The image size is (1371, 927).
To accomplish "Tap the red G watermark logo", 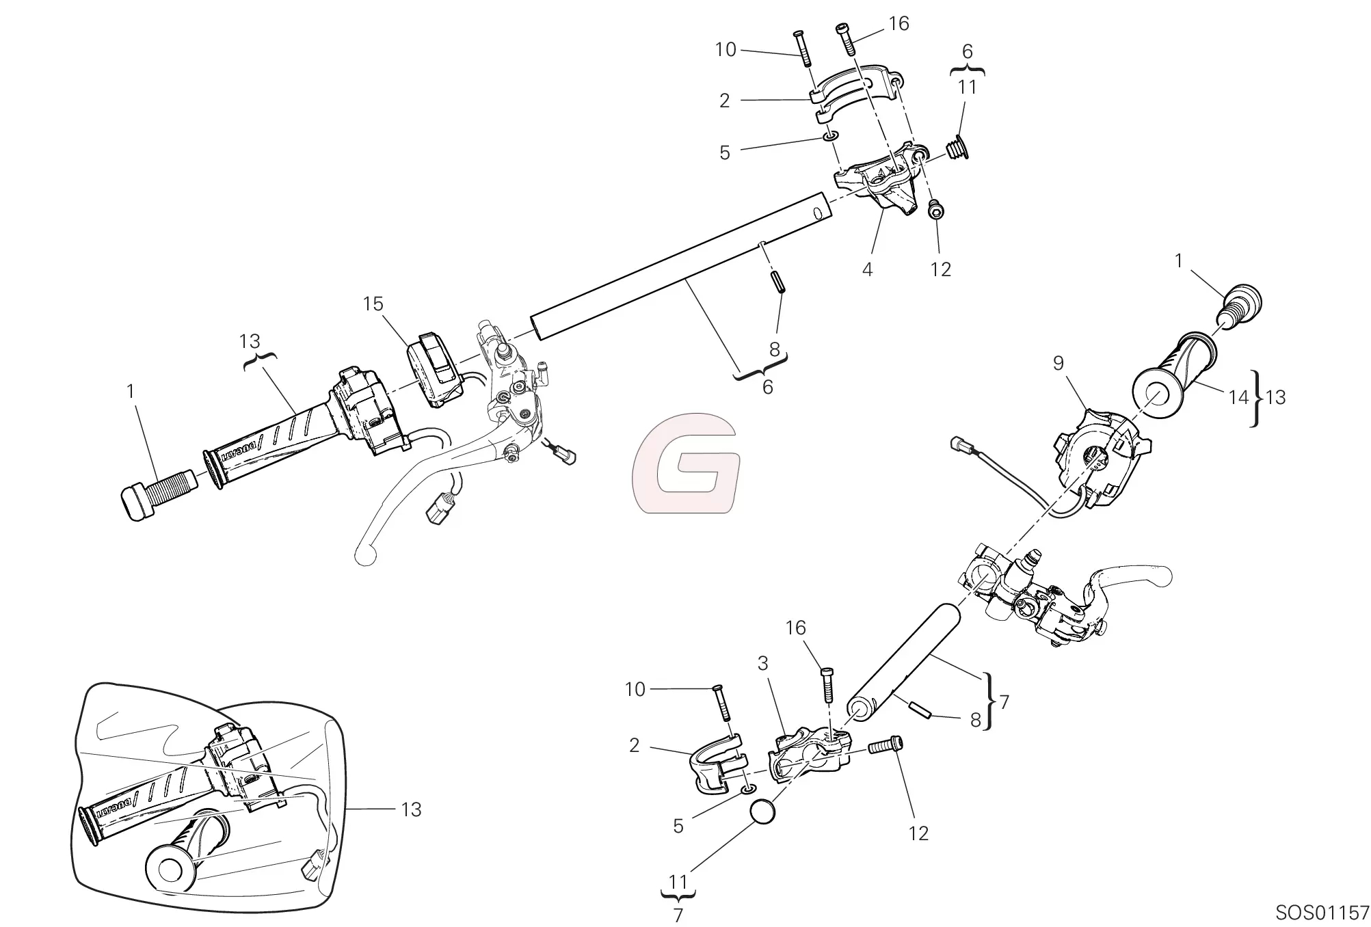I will tap(686, 463).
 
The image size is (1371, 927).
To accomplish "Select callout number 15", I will tap(373, 304).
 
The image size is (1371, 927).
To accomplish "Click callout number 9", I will tap(1059, 363).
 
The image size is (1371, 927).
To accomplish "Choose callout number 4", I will tap(867, 269).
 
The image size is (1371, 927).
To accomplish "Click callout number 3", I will tap(762, 663).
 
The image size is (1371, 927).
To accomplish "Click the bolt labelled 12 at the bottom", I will tap(886, 747).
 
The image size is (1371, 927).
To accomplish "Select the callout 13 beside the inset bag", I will tap(411, 809).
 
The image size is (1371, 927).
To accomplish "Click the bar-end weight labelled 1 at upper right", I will tap(1240, 310).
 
